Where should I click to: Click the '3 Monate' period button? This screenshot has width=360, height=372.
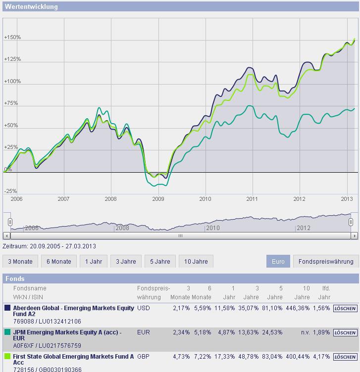[x=20, y=261]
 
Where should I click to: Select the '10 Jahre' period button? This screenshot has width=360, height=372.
[x=196, y=261]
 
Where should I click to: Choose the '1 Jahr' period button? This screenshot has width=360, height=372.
[x=94, y=261]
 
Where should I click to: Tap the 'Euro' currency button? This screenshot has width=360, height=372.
[x=278, y=261]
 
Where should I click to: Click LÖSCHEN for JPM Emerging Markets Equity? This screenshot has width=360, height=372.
[x=345, y=332]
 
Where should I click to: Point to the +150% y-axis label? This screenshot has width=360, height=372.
[x=12, y=38]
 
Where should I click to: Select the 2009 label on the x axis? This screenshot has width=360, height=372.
[x=157, y=199]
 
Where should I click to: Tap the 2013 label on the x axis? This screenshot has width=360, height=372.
[x=347, y=199]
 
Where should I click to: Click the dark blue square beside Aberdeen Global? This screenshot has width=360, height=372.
[x=7, y=308]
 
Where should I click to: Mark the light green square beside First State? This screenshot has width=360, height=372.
[x=7, y=356]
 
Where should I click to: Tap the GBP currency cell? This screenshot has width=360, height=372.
[x=144, y=356]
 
